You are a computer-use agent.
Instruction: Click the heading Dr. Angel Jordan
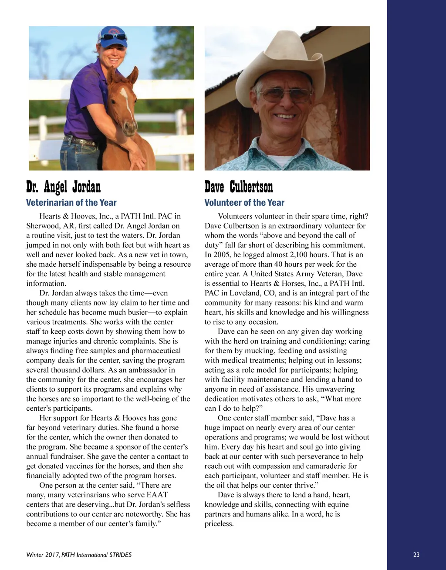point(63,187)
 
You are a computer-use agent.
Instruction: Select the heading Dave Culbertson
point(239,187)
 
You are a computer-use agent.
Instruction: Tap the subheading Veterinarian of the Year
point(71,202)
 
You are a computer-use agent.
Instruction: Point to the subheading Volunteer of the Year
point(244,202)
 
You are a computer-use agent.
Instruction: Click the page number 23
point(416,555)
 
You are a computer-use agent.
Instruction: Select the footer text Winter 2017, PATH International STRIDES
point(79,555)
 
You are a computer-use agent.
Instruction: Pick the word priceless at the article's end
point(219,524)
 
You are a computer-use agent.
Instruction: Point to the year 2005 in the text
point(221,255)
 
